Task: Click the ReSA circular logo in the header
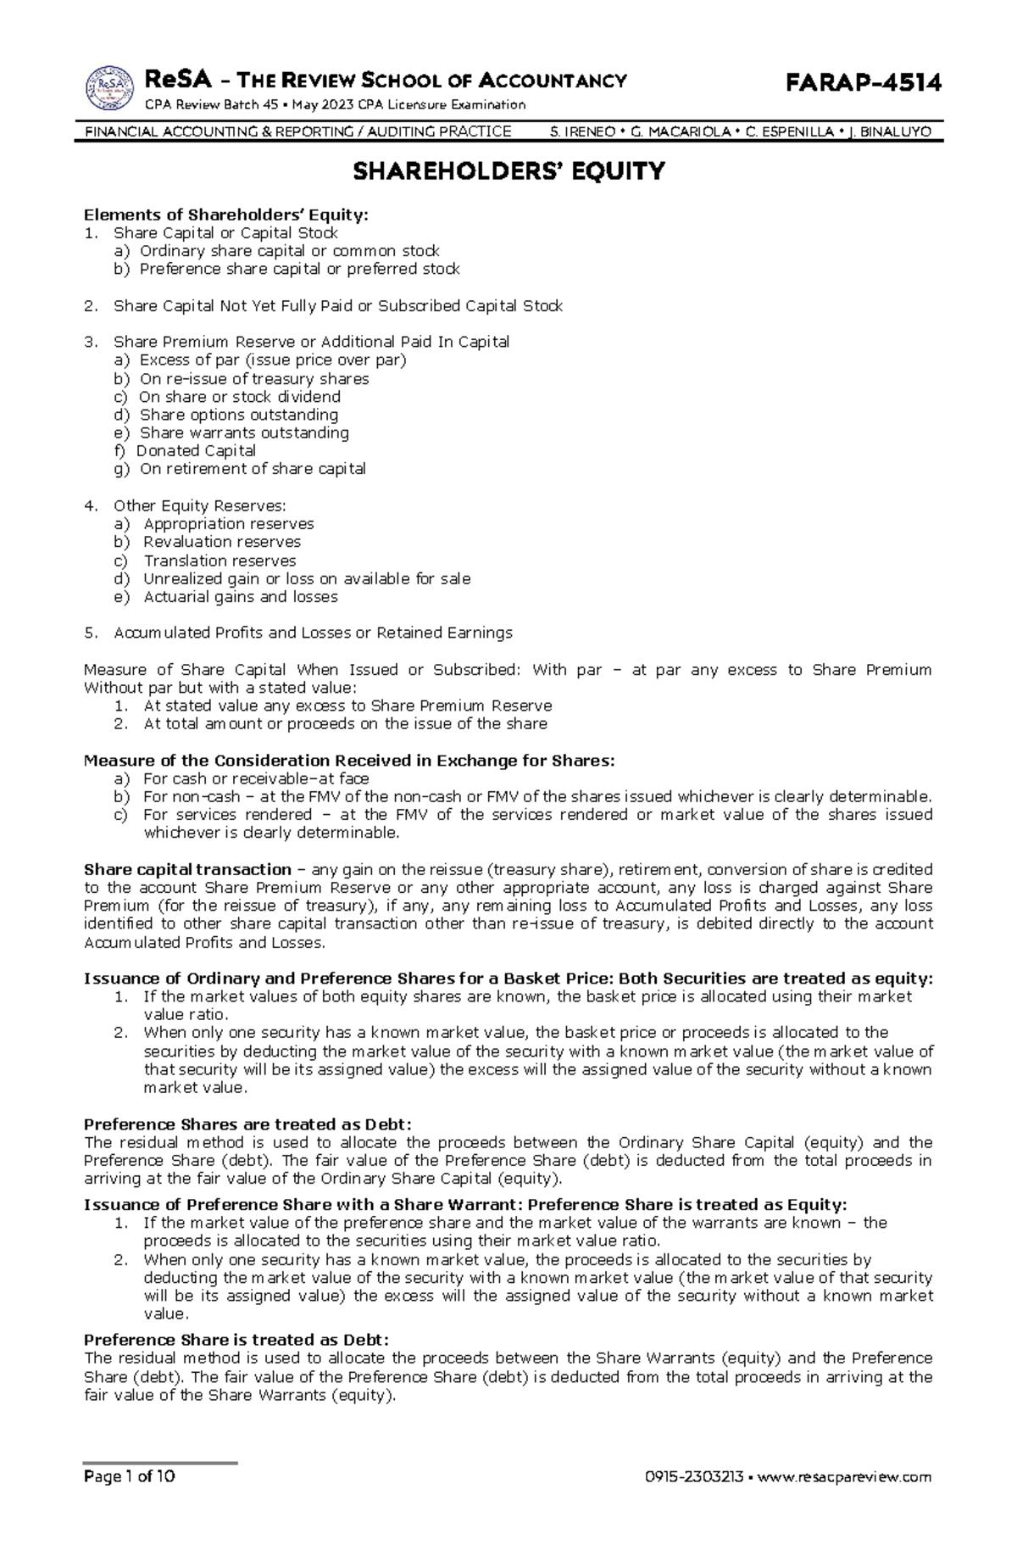click(109, 88)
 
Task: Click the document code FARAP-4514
click(864, 82)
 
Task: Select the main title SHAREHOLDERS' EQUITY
click(508, 172)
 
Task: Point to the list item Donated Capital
click(196, 451)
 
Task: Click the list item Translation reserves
click(220, 560)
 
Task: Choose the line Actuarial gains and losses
click(240, 597)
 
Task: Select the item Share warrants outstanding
click(244, 432)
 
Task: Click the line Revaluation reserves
click(222, 542)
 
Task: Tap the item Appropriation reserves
click(229, 524)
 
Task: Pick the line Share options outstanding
click(239, 415)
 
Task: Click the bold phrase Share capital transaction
click(187, 869)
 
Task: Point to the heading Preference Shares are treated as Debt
click(247, 1124)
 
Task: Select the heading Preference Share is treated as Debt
click(236, 1340)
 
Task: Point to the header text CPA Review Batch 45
click(214, 105)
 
